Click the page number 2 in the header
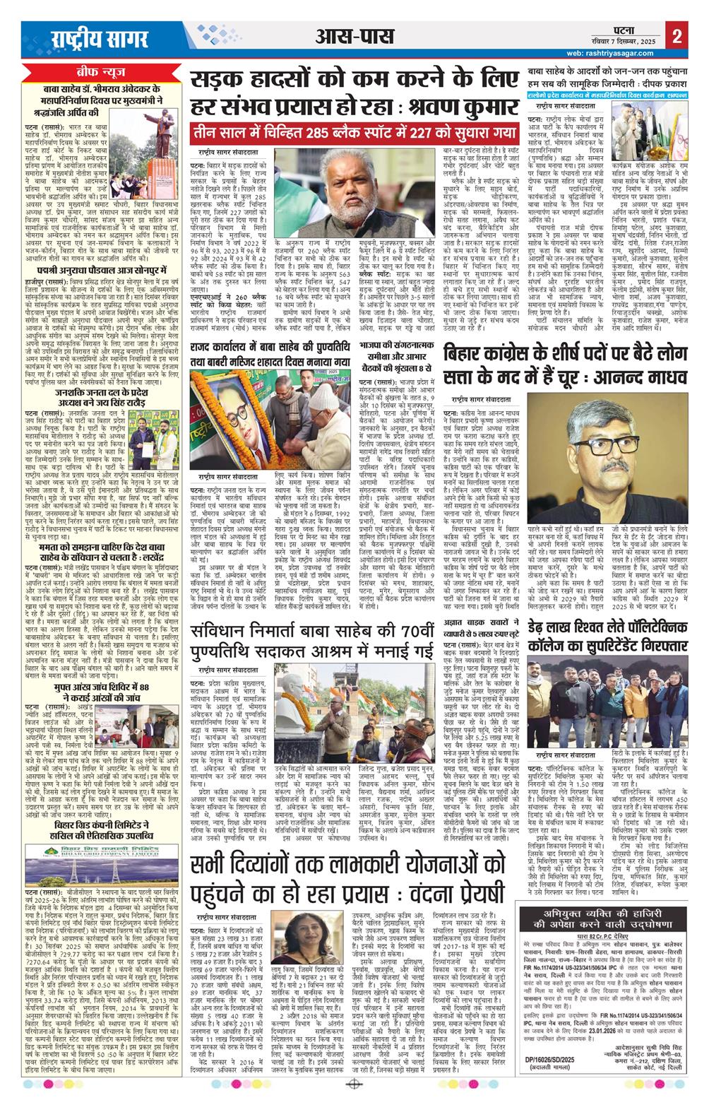pyautogui.click(x=677, y=37)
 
